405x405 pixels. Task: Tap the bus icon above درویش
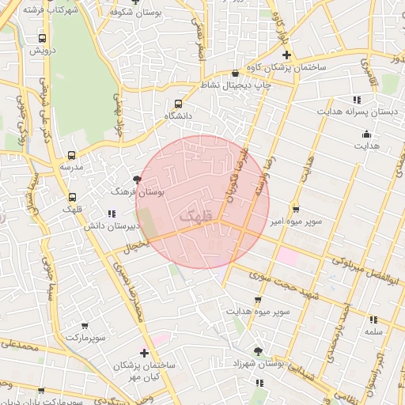point(41,37)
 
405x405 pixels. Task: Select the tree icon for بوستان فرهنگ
point(138,180)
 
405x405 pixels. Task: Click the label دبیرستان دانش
point(112,225)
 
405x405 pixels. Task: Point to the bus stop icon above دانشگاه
point(178,103)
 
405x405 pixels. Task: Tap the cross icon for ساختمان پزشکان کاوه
point(286,55)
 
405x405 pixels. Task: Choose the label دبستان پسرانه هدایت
point(356,112)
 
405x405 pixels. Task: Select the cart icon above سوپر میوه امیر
point(295,210)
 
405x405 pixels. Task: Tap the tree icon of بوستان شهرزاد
point(259,350)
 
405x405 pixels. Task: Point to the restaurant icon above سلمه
point(373,320)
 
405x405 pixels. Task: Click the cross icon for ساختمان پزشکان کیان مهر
point(143,353)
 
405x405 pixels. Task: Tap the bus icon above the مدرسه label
point(72,155)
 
